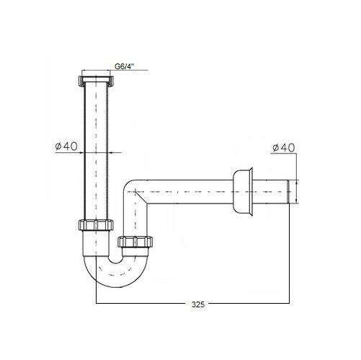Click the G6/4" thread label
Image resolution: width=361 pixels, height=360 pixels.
[x=124, y=66]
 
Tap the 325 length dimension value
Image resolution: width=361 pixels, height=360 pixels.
[x=198, y=304]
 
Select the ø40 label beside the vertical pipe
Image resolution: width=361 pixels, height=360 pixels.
[x=66, y=146]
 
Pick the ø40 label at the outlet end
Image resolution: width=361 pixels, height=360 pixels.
[x=283, y=148]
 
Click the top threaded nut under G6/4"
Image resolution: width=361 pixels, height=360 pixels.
[x=96, y=82]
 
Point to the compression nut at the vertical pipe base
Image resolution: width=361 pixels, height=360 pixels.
[x=96, y=225]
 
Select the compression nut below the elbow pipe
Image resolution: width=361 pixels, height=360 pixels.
[x=135, y=242]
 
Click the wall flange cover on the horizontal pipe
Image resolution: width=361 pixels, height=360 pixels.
[x=243, y=192]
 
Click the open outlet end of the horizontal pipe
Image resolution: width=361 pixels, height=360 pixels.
[x=288, y=192]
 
